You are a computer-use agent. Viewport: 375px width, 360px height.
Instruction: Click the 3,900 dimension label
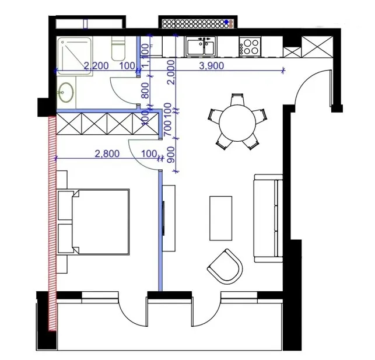tap(212, 66)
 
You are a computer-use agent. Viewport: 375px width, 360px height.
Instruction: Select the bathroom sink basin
tap(65, 92)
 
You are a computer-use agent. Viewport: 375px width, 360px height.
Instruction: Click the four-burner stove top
tap(250, 46)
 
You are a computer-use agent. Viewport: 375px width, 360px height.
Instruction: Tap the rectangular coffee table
tap(221, 218)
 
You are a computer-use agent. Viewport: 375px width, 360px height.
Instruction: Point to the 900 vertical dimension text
tap(170, 155)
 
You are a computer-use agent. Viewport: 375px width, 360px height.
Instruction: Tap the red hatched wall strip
tap(52, 222)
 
